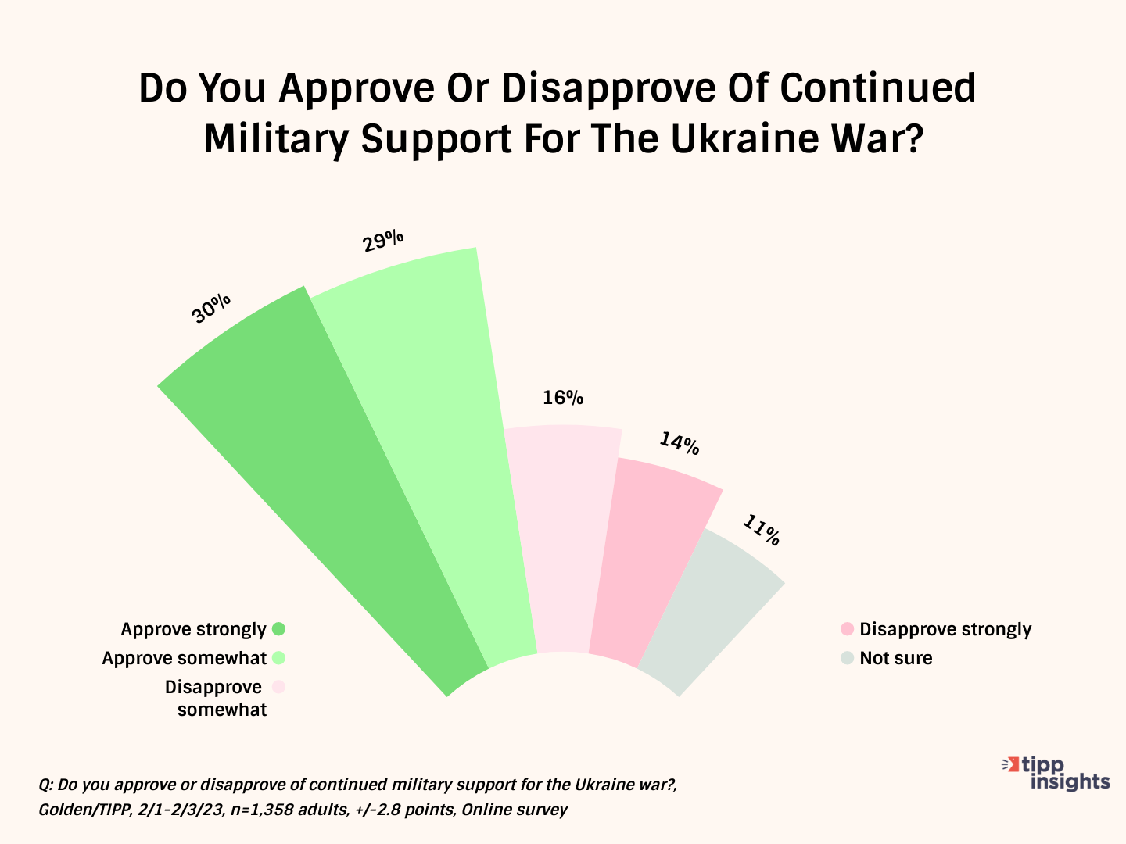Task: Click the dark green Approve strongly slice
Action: click(x=328, y=485)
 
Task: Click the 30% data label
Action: click(x=211, y=308)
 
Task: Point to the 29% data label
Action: click(x=383, y=240)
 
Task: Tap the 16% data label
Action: click(x=563, y=398)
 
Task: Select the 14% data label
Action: click(x=679, y=444)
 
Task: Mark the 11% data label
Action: click(x=761, y=531)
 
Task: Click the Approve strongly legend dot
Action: click(x=278, y=629)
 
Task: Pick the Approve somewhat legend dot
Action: click(x=278, y=658)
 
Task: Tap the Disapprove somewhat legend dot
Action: click(x=278, y=687)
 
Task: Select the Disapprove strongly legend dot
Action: click(x=847, y=629)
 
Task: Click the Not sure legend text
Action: click(x=896, y=658)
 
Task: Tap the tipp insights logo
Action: click(x=1057, y=773)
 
